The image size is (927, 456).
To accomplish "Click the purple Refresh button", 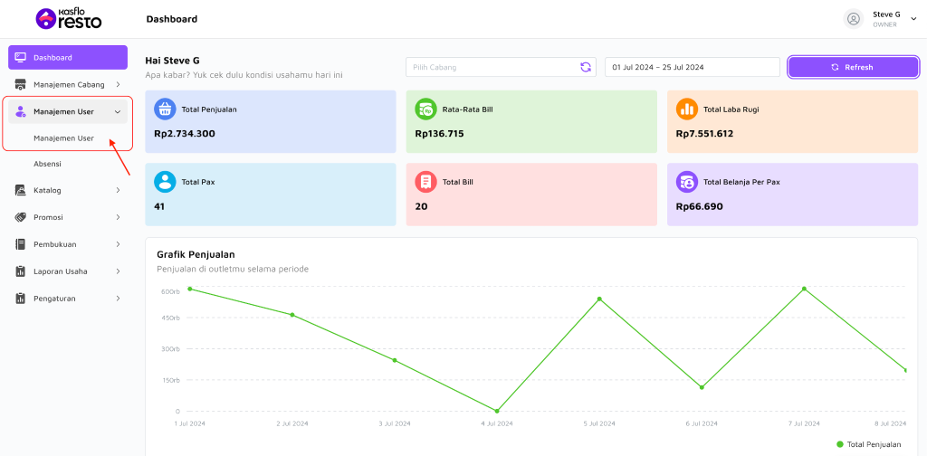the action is (853, 67).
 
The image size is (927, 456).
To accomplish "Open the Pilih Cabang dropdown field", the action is (501, 67).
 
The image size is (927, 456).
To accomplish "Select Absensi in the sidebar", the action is (47, 164).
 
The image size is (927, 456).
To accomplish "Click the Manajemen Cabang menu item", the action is (68, 84).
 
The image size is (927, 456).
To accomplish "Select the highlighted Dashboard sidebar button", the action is (68, 57).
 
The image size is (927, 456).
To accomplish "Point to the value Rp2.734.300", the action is (185, 134).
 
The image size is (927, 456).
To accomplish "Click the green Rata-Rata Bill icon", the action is (425, 109).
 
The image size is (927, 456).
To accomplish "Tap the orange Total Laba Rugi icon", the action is (687, 109).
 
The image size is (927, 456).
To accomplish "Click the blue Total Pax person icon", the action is (165, 182).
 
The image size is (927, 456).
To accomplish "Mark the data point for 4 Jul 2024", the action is (497, 411).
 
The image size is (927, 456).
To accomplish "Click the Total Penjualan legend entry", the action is (869, 444).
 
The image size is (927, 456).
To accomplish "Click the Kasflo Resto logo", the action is (69, 19).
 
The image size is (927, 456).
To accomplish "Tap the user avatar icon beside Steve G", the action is (853, 19).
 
